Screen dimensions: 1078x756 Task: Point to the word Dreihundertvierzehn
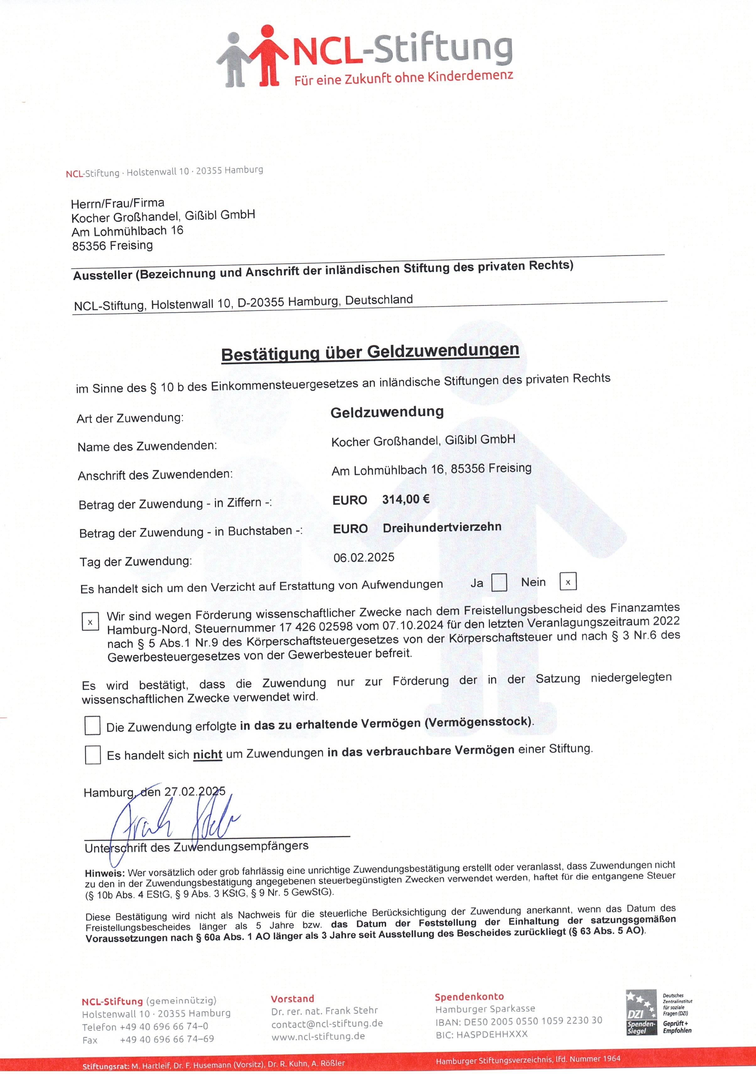[442, 527]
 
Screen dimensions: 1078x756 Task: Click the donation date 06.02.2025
[364, 557]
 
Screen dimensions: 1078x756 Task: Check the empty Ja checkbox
[499, 583]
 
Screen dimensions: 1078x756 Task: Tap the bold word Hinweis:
[104, 873]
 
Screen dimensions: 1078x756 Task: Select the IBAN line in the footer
[518, 1020]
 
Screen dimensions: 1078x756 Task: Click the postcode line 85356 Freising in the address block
[112, 246]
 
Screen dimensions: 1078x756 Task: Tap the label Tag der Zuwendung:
[136, 561]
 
